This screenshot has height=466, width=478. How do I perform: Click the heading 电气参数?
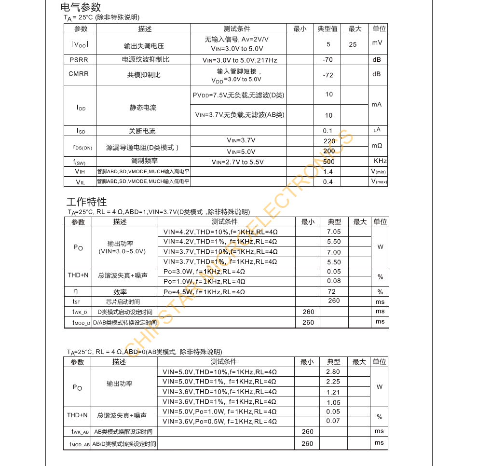click(x=81, y=7)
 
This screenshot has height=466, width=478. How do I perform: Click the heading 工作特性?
click(x=86, y=202)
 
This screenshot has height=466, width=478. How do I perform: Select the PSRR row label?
click(x=79, y=60)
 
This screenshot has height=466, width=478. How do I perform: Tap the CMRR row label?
click(x=79, y=74)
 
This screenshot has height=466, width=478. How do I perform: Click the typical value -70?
click(x=328, y=60)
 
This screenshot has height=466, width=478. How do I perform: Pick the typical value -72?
click(x=328, y=75)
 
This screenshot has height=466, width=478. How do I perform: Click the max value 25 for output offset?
click(x=353, y=44)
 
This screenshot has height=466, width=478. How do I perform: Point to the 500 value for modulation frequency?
click(x=329, y=162)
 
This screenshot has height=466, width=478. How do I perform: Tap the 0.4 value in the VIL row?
click(x=328, y=182)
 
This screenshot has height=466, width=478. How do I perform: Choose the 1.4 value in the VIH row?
click(x=328, y=172)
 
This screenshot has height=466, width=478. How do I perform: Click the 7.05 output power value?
click(x=334, y=232)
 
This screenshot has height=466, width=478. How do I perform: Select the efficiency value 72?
click(x=331, y=292)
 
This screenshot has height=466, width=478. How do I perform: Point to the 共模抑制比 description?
click(x=144, y=75)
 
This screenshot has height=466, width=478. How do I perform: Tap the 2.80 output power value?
click(x=333, y=372)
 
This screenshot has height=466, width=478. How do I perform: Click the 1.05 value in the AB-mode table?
click(x=333, y=402)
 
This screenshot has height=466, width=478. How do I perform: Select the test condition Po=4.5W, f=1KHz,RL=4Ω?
click(x=204, y=292)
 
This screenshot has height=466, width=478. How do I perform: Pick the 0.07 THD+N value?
click(x=333, y=421)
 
